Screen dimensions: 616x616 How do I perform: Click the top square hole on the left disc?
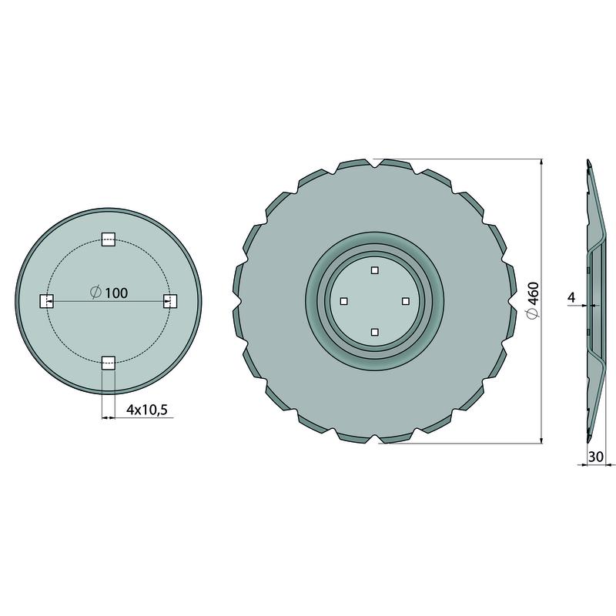click(x=109, y=239)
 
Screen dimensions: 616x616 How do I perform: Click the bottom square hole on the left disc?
click(x=109, y=363)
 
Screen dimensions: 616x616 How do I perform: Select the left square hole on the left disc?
click(x=47, y=301)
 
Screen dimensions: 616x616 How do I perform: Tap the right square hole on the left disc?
click(x=170, y=301)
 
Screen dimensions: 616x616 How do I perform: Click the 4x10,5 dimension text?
click(x=147, y=410)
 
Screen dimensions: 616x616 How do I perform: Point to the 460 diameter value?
click(x=534, y=293)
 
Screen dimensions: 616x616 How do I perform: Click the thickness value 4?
click(x=571, y=297)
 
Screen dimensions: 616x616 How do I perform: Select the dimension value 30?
click(x=595, y=457)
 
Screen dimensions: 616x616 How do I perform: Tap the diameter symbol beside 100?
click(x=95, y=293)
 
